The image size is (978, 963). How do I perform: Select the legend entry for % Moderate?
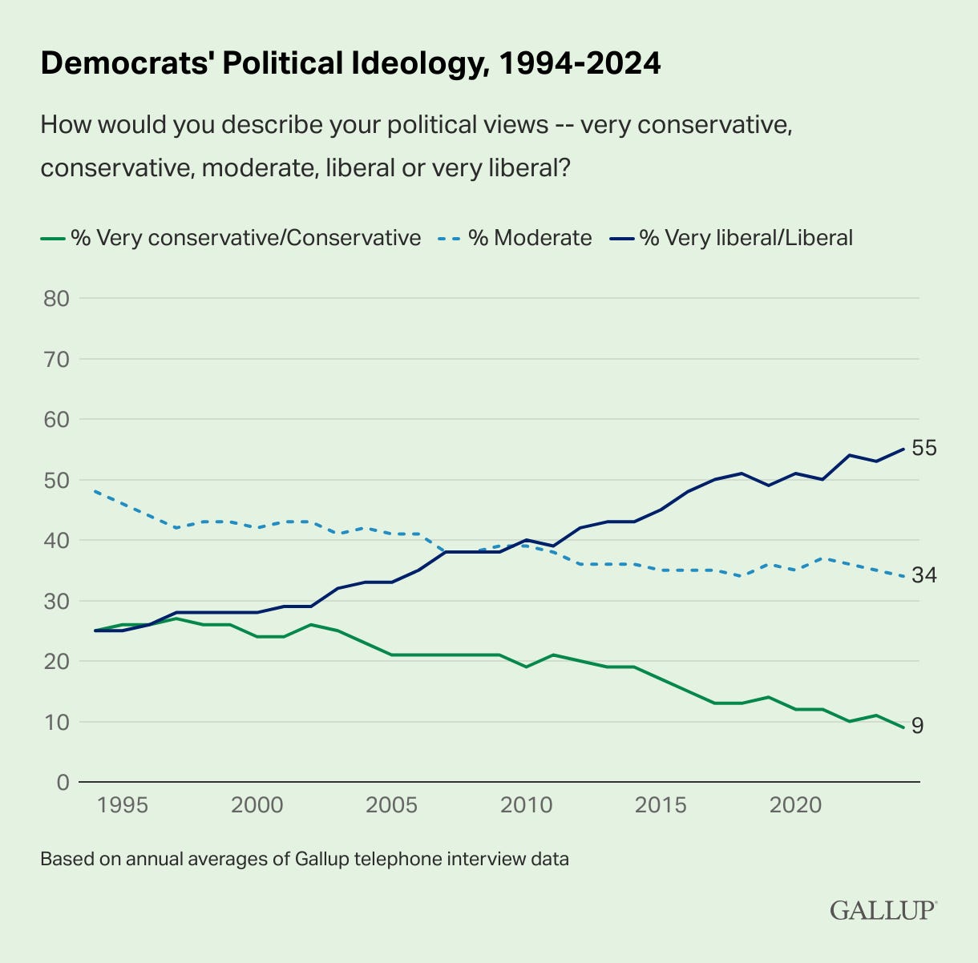530,238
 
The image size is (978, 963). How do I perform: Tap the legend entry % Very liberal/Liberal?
746,238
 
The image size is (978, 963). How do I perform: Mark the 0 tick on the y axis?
60,782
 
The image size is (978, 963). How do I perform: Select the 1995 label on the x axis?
123,805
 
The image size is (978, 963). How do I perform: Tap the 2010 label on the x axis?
527,805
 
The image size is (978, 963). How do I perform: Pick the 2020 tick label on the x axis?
796,805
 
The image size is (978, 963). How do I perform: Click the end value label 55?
924,449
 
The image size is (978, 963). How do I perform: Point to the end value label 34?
924,575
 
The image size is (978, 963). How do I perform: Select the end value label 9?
918,727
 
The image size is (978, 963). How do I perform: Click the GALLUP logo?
883,910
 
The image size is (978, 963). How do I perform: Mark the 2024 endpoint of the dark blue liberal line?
904,449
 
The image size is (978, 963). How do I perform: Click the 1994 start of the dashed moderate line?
95,491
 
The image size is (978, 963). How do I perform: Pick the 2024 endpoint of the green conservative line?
904,727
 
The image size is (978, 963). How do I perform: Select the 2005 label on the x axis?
392,805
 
